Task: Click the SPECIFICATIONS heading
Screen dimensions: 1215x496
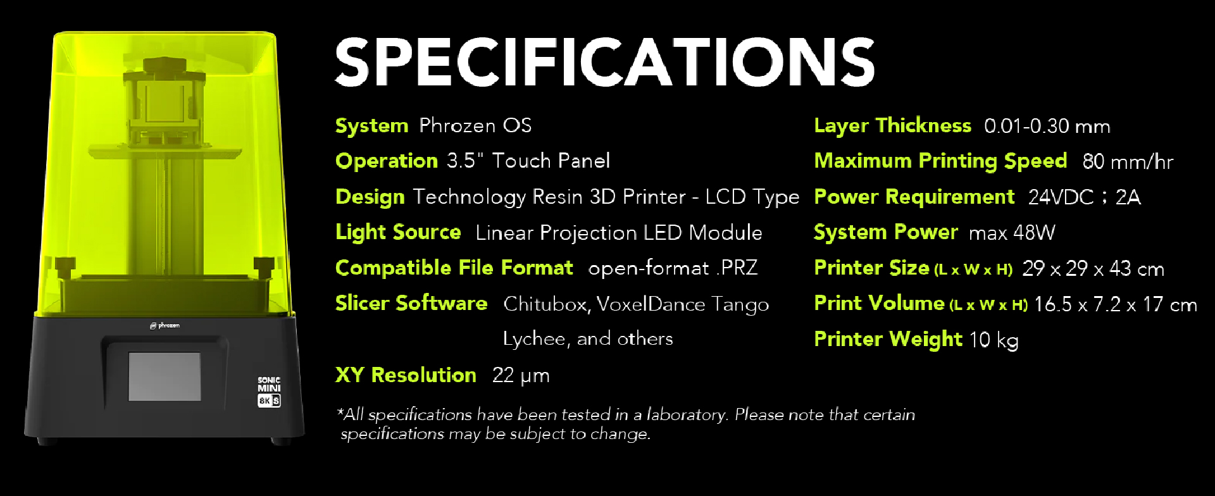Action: coord(604,61)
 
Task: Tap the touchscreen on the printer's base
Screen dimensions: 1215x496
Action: coord(165,376)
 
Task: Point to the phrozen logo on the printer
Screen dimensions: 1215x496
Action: coord(165,326)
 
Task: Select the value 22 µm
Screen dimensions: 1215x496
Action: coord(521,376)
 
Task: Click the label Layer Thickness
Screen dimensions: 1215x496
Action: coord(892,126)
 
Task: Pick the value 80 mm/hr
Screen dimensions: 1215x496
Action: coord(1128,162)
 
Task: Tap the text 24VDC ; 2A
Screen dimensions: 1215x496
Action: coord(1084,197)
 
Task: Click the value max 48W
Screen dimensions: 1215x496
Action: coord(1012,233)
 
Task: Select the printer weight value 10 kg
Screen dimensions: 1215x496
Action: coord(994,340)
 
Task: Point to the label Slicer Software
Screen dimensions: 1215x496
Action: coord(411,304)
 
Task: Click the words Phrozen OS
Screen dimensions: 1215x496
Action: coord(475,125)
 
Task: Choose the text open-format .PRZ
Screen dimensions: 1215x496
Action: coord(673,268)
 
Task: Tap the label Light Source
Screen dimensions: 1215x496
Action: coord(398,233)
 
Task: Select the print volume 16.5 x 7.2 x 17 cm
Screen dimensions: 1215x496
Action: coord(1115,304)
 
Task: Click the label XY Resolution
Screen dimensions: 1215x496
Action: coord(406,375)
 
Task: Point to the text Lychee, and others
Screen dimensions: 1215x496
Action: coord(588,339)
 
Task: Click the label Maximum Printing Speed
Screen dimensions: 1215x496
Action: coord(940,161)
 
